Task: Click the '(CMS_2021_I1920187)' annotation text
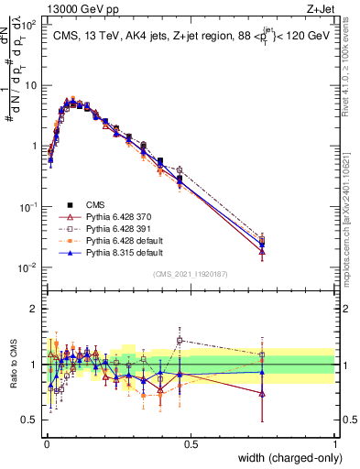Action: coord(190,273)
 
